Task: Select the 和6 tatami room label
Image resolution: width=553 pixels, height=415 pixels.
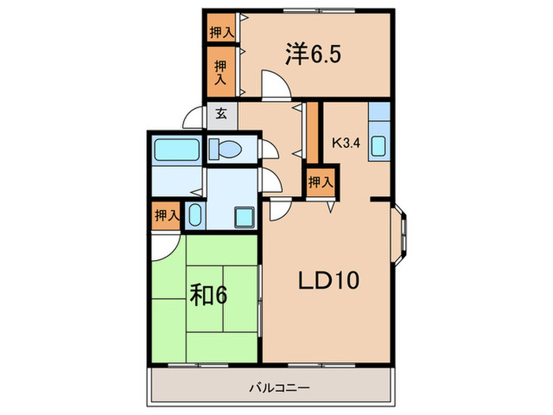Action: click(209, 296)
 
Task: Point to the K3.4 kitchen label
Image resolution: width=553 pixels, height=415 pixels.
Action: click(346, 143)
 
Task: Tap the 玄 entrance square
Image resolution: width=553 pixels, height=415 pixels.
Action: click(221, 113)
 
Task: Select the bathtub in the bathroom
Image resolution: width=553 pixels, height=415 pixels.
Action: click(176, 148)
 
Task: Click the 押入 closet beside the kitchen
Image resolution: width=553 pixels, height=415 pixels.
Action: click(320, 181)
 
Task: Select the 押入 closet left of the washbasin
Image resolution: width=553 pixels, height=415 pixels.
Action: click(166, 215)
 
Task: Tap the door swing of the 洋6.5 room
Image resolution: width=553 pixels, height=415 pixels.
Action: click(273, 84)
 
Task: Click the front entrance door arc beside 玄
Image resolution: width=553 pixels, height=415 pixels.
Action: click(193, 119)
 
